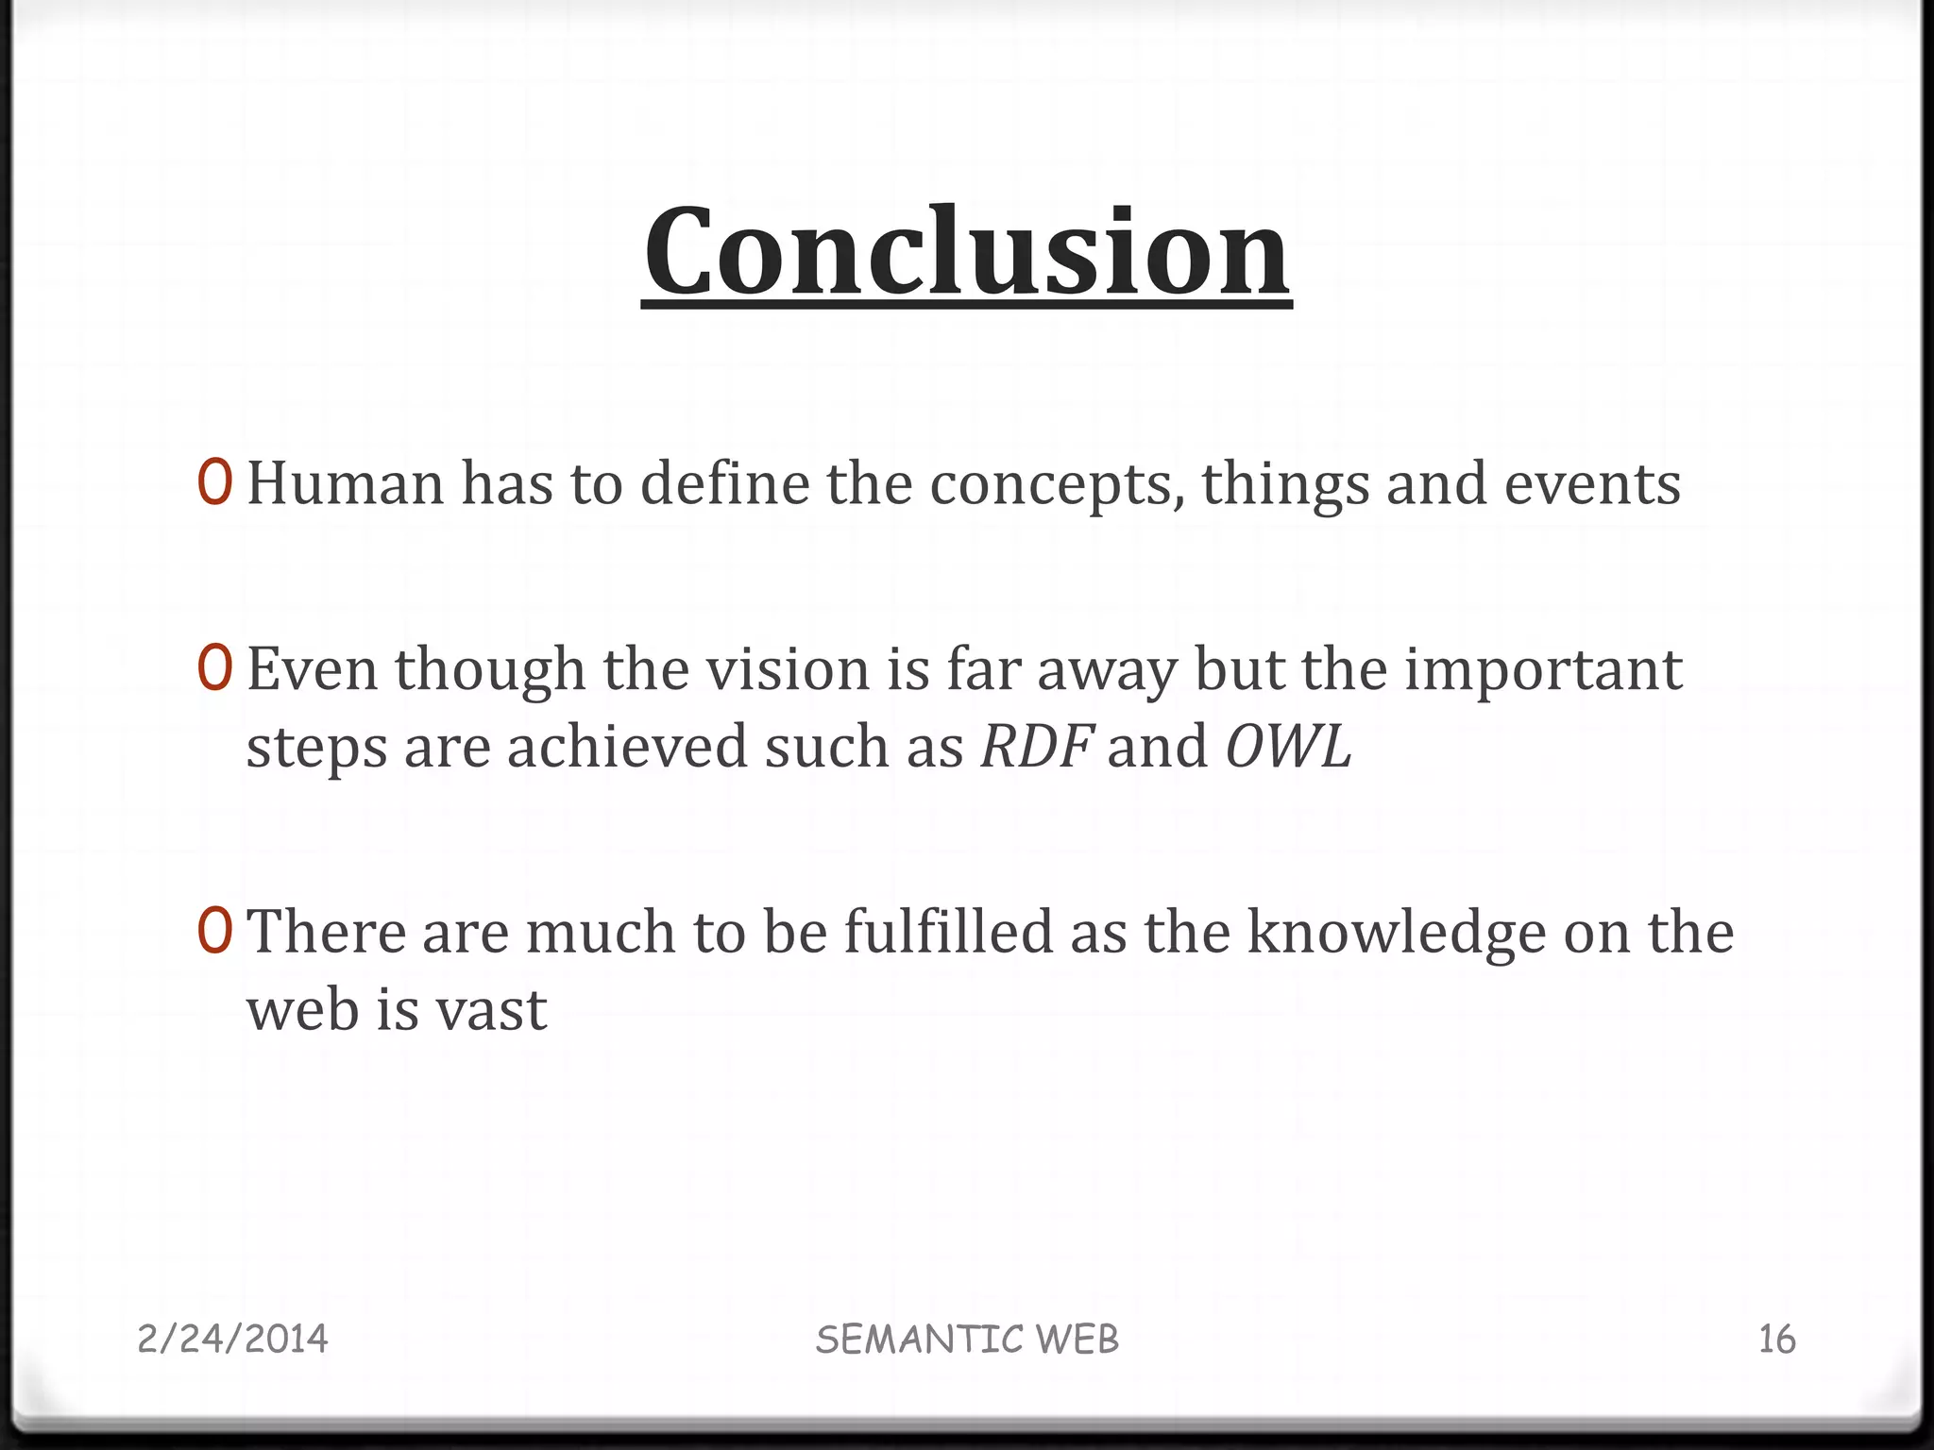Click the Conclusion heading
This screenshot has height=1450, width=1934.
pyautogui.click(x=966, y=251)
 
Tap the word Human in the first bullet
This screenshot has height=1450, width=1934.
pyautogui.click(x=345, y=483)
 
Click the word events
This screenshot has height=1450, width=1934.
pyautogui.click(x=1592, y=483)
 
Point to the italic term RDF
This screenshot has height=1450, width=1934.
pyautogui.click(x=1037, y=747)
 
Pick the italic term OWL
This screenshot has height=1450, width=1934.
pyautogui.click(x=1288, y=747)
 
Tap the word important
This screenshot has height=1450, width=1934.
pyautogui.click(x=1543, y=671)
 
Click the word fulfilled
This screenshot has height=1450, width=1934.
pyautogui.click(x=947, y=932)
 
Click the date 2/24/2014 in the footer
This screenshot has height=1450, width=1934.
pyautogui.click(x=232, y=1339)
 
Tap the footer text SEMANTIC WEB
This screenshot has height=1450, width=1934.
pyautogui.click(x=967, y=1340)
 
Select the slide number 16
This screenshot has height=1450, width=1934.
pyautogui.click(x=1776, y=1340)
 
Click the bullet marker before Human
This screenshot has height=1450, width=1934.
pyautogui.click(x=214, y=482)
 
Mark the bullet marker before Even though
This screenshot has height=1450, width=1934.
pyautogui.click(x=214, y=668)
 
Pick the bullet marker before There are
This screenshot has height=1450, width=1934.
pyautogui.click(x=214, y=931)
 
